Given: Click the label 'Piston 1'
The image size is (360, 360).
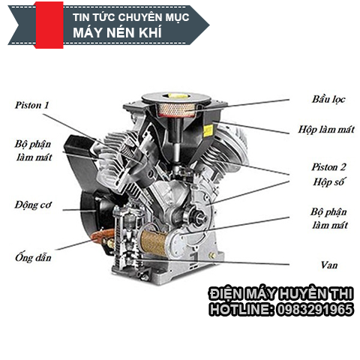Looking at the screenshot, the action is (x=32, y=105).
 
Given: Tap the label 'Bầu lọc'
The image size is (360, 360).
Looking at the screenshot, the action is (x=328, y=100).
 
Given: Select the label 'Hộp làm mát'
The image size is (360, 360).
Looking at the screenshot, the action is (x=326, y=130).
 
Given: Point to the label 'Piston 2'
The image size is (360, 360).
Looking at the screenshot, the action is (x=328, y=167).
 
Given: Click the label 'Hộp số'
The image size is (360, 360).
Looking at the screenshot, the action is (x=328, y=181).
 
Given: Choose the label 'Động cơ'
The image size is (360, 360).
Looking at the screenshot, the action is (x=33, y=205).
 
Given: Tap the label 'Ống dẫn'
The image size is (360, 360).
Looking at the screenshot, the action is (x=33, y=257).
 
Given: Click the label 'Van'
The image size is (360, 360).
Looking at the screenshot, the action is (x=329, y=265).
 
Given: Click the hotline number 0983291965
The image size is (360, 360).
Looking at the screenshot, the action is (x=315, y=309).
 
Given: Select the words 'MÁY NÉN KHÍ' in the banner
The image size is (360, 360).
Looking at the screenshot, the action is (x=117, y=32).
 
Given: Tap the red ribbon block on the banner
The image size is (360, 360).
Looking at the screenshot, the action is (x=49, y=25).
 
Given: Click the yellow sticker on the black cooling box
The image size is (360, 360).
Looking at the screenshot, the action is (x=208, y=130).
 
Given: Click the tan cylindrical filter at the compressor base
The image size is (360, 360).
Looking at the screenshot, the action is (x=153, y=243).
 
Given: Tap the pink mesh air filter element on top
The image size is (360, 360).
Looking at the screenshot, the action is (x=175, y=110).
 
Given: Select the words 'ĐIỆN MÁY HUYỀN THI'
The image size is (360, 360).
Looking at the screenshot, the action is (x=281, y=294).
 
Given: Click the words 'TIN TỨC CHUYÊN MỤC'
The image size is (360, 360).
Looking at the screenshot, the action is (x=131, y=17).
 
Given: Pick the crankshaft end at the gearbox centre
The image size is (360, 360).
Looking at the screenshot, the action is (x=199, y=217).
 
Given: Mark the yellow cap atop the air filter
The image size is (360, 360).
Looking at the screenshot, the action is (x=175, y=96).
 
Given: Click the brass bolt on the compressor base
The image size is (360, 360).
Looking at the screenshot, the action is (x=212, y=256).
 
